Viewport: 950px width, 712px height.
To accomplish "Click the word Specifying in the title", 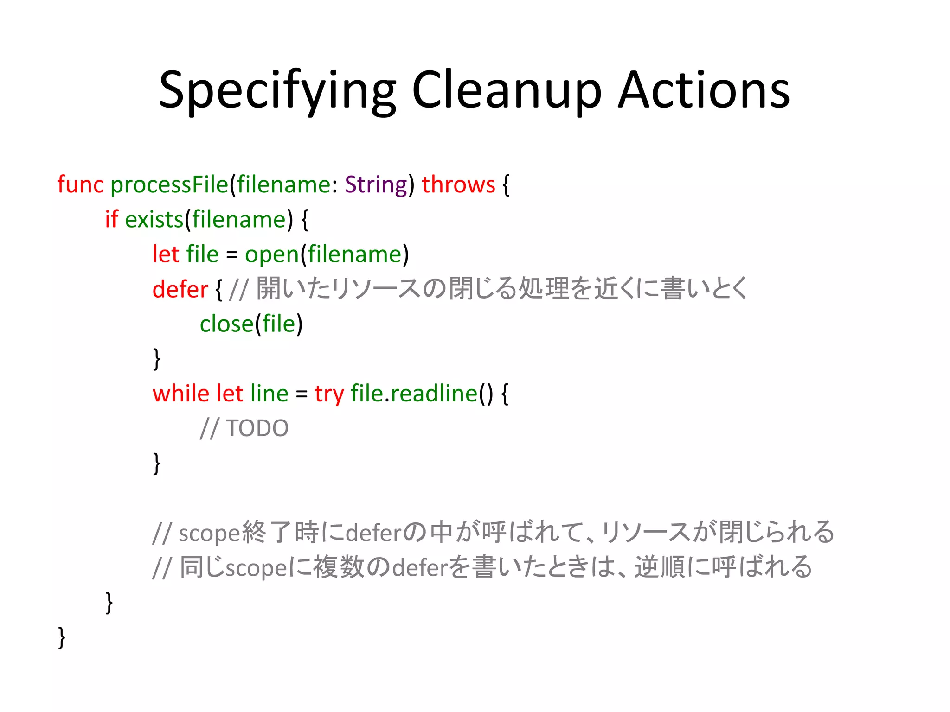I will click(277, 90).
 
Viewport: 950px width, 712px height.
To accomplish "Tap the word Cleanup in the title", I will click(506, 90).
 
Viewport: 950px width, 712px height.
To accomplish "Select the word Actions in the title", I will click(704, 90).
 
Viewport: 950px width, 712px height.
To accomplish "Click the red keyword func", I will click(80, 184).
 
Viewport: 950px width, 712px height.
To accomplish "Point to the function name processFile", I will click(169, 184).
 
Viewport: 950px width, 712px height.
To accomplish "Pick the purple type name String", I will click(376, 184).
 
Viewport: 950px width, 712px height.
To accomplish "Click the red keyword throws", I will click(458, 184).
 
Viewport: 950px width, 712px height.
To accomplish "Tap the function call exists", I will click(154, 219).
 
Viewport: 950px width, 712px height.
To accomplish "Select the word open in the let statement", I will click(272, 254).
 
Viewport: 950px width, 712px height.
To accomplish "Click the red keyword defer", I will click(180, 289).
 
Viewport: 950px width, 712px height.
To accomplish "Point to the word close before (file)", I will click(226, 324).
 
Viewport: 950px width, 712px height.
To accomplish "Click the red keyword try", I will click(329, 394).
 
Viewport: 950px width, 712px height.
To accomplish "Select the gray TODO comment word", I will click(257, 428).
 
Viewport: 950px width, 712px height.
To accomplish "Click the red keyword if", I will click(111, 219).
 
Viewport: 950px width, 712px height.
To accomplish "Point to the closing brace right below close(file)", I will click(157, 359).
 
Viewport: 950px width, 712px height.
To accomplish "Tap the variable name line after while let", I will click(269, 394).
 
